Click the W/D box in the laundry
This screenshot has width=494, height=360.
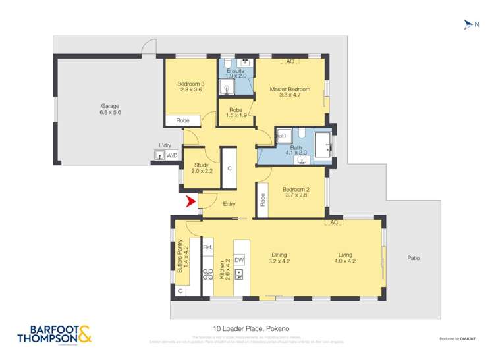tap(171, 156)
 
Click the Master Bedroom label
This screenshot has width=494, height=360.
tap(290, 90)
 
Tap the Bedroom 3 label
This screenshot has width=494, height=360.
tap(190, 84)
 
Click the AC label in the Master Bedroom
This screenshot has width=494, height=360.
tap(290, 62)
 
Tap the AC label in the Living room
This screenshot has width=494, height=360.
tap(334, 222)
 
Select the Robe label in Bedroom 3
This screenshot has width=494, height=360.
tap(182, 120)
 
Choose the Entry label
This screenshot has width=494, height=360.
tap(229, 204)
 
